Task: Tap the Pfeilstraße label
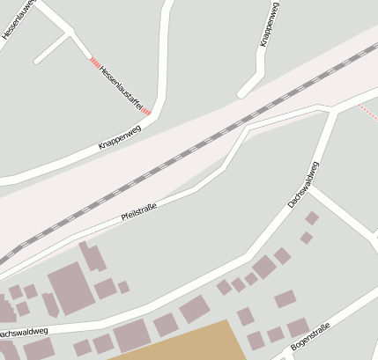point(138,213)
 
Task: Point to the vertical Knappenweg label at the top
point(271,25)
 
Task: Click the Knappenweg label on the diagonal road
point(118,136)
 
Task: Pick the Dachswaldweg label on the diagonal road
point(304,184)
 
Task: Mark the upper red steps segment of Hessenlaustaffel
point(93,62)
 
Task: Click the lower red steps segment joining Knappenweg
point(146,112)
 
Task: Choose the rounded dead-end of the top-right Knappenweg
point(241,93)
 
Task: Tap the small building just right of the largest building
point(105,288)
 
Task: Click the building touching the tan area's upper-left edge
point(130,335)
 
